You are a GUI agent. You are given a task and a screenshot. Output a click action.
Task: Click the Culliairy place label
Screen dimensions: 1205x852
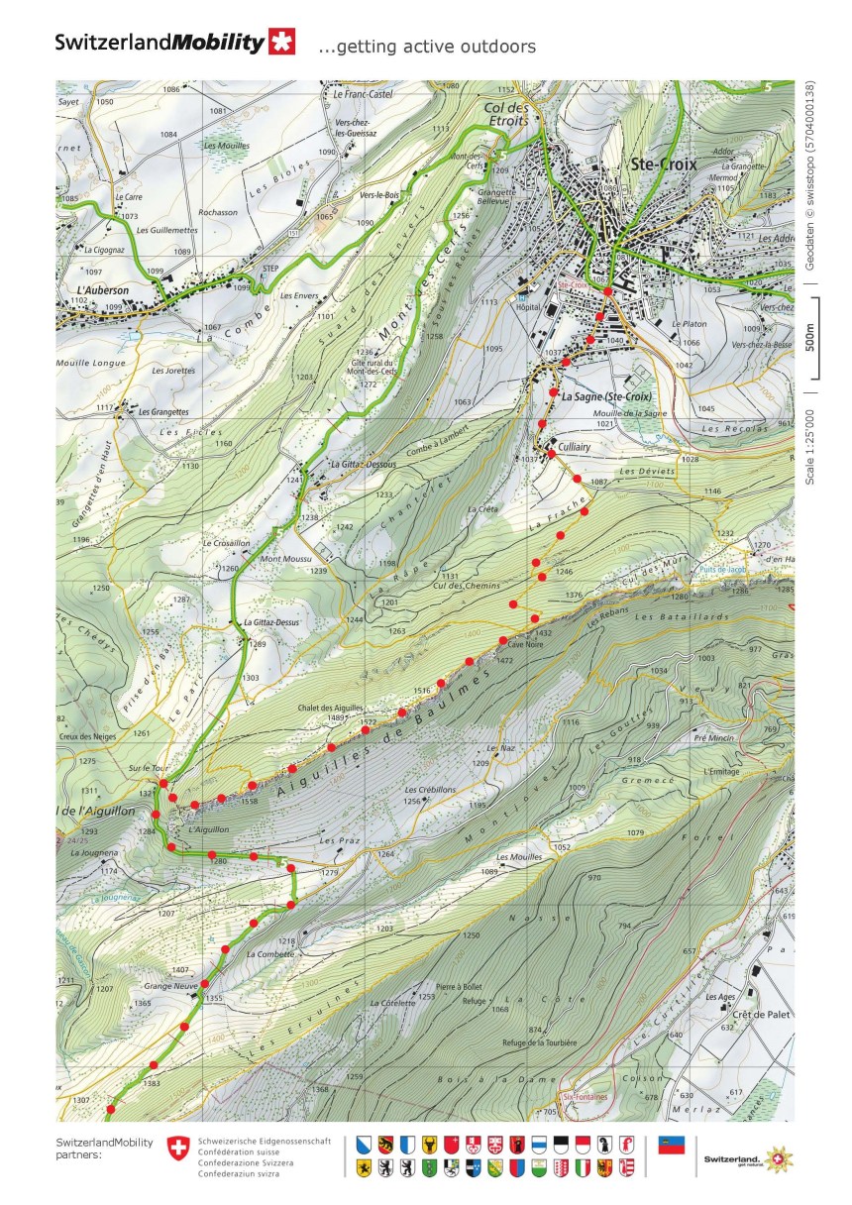(574, 446)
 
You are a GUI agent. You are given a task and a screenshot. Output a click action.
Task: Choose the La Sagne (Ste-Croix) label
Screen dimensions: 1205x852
(597, 396)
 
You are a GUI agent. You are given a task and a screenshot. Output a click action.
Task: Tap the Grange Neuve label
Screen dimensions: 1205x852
(166, 987)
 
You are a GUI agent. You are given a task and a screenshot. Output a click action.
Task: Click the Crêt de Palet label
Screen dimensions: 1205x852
(758, 1015)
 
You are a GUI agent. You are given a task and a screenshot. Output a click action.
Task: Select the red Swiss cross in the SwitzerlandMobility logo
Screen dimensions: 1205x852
(282, 43)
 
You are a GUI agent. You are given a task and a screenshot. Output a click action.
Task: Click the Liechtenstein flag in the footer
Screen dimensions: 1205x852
(673, 1145)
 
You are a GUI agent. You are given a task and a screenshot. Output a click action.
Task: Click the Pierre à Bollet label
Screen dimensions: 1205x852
(459, 987)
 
